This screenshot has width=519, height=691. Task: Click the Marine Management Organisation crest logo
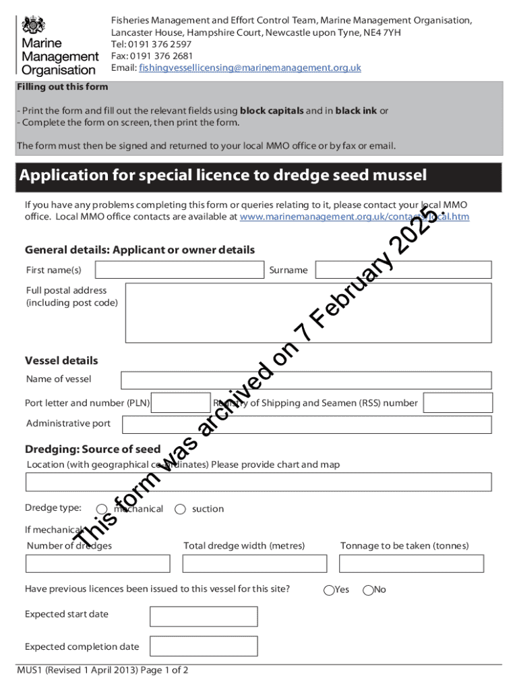click(x=33, y=26)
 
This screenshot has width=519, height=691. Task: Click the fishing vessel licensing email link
click(x=249, y=68)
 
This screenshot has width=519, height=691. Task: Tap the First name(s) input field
click(x=179, y=270)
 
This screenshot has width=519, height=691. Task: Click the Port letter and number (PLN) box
click(x=181, y=403)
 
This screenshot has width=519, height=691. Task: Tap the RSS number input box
click(x=458, y=403)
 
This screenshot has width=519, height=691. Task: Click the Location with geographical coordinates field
click(x=258, y=482)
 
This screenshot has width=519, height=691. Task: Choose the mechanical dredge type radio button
click(x=102, y=509)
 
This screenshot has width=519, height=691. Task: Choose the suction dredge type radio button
click(x=180, y=509)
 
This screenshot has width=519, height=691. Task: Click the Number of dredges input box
click(x=98, y=563)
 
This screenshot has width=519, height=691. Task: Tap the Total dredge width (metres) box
click(x=254, y=563)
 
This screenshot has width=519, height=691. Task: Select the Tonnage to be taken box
click(x=411, y=563)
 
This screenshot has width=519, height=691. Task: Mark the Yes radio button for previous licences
click(x=329, y=590)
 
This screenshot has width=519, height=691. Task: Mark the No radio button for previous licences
click(x=368, y=590)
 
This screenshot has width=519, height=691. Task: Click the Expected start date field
click(x=204, y=616)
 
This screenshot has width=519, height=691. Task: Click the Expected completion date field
click(x=204, y=646)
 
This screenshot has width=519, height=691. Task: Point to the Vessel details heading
click(x=61, y=360)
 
